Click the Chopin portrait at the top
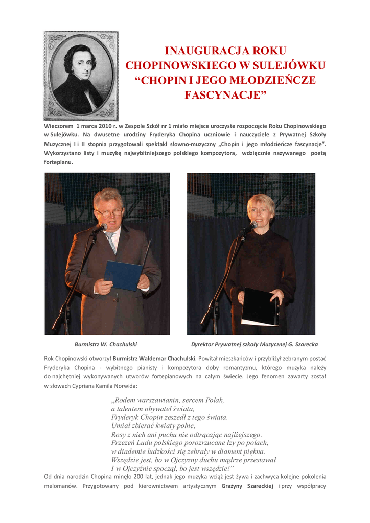(x=81, y=76)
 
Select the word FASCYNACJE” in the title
(x=225, y=95)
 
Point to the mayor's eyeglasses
(x=109, y=211)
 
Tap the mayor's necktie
(x=111, y=242)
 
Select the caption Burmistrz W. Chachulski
(x=106, y=344)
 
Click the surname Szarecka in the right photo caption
(x=303, y=344)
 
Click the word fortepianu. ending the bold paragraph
(x=59, y=162)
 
